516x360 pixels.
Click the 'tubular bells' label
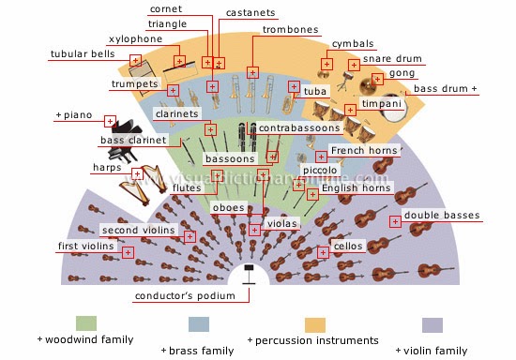(83, 54)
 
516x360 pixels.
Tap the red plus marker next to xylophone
(179, 61)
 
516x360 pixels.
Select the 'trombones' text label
(290, 30)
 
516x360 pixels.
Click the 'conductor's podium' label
(185, 295)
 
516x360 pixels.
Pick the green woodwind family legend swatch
(86, 323)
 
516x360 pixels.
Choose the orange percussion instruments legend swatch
(315, 325)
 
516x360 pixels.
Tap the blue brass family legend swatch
(199, 324)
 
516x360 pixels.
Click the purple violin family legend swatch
(433, 325)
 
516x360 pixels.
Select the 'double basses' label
(442, 215)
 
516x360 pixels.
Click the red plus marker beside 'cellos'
(323, 252)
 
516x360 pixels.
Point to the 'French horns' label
(364, 150)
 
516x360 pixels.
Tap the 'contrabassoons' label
(299, 127)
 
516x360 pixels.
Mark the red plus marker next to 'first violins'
(128, 252)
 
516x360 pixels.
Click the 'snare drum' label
(392, 58)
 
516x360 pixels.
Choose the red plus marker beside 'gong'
(377, 79)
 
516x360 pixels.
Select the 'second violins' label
(139, 230)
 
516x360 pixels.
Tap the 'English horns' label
(357, 187)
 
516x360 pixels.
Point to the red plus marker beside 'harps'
(137, 174)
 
